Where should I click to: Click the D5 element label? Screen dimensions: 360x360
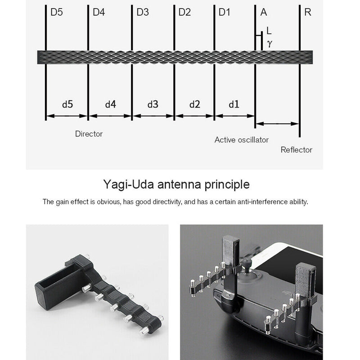point(57,12)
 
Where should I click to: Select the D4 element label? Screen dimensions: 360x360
point(99,12)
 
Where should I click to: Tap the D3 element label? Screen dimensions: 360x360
point(142,12)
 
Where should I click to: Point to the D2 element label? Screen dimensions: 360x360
point(184,12)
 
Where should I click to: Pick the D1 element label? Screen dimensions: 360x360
point(225,12)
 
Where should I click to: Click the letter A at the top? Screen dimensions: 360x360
point(264,12)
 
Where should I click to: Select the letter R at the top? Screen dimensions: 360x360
point(308,12)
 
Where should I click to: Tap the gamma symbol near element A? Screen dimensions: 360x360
point(269,43)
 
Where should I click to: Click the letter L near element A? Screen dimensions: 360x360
point(269,31)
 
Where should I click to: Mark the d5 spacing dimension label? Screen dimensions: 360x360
point(67,104)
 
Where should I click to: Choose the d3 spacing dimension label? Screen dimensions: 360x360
point(153,104)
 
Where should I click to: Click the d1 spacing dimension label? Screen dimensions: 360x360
point(234,104)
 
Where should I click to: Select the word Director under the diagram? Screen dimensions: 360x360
point(89,134)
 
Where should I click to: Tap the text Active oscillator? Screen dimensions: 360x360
point(241,139)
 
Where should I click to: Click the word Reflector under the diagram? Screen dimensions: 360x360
point(296,150)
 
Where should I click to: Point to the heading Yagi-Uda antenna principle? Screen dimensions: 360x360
point(176,184)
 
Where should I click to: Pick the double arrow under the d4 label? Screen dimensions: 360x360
point(110,116)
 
